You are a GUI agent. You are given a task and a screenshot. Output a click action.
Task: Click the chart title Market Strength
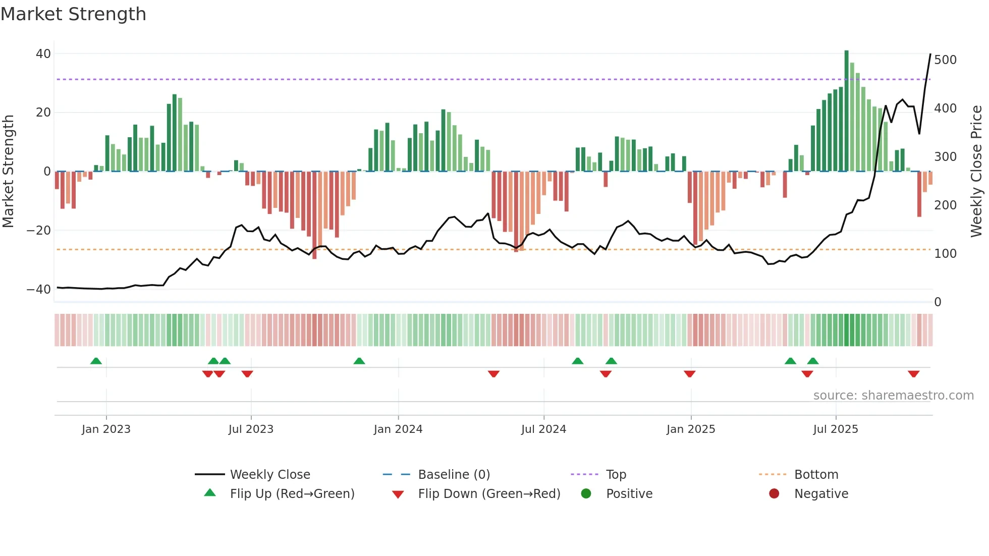pyautogui.click(x=73, y=14)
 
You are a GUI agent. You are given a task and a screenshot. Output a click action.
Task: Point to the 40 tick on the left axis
pyautogui.click(x=43, y=54)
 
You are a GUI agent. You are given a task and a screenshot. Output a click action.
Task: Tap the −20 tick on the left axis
pyautogui.click(x=39, y=231)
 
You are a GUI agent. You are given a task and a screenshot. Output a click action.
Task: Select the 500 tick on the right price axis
pyautogui.click(x=945, y=60)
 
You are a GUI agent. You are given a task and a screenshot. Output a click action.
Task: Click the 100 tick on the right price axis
pyautogui.click(x=945, y=254)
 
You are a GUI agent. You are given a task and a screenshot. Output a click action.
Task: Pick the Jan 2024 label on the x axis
pyautogui.click(x=398, y=429)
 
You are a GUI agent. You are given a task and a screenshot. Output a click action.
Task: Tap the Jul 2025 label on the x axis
pyautogui.click(x=835, y=429)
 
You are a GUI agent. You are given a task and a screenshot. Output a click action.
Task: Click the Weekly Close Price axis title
pyautogui.click(x=976, y=172)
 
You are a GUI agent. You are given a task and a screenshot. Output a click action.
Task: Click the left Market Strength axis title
pyautogui.click(x=8, y=172)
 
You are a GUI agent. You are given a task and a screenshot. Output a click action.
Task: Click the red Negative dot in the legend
pyautogui.click(x=774, y=494)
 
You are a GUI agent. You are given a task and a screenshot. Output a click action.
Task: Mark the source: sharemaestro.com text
pyautogui.click(x=893, y=396)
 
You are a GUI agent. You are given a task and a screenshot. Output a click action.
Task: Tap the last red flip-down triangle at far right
pyautogui.click(x=913, y=374)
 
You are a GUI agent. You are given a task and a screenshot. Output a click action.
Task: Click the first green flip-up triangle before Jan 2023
pyautogui.click(x=96, y=361)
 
